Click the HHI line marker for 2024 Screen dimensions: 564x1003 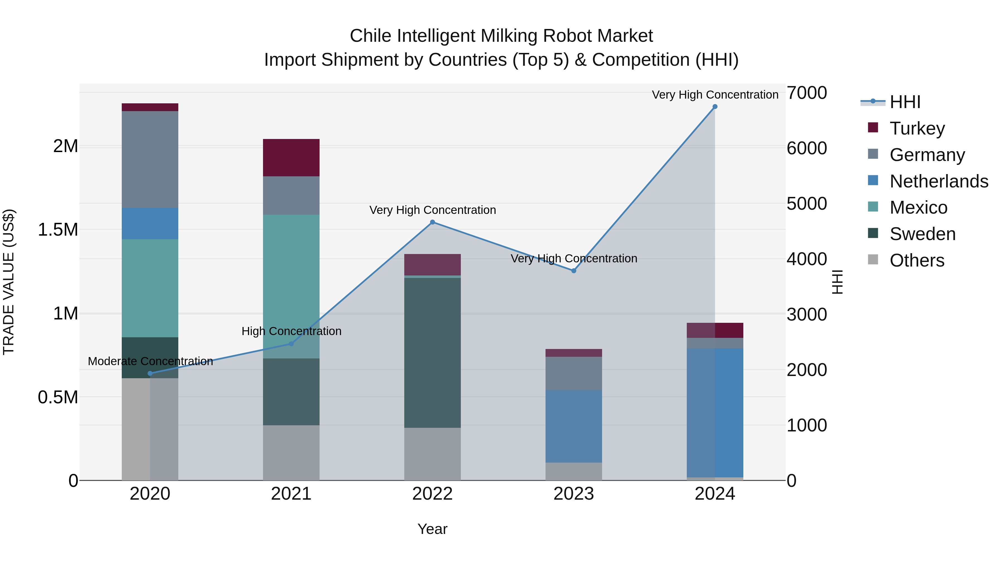pos(715,107)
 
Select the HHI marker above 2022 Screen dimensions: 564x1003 pos(432,222)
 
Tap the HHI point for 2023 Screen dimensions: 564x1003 pos(574,270)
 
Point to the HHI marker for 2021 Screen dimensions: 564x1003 pos(291,344)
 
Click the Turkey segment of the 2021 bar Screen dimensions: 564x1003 pos(291,158)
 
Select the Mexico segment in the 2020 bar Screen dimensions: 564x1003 pos(150,288)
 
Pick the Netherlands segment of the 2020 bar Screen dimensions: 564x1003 pos(150,223)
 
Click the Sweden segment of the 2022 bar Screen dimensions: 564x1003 pos(432,352)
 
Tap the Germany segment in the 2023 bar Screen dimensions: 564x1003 pos(574,373)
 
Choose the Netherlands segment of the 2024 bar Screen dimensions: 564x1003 pos(715,412)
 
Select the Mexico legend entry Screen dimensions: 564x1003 pos(918,207)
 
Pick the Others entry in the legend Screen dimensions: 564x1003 pos(917,260)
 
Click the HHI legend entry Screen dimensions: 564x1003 pos(905,102)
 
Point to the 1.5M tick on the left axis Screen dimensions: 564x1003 pos(58,230)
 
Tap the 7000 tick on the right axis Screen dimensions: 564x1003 pos(806,93)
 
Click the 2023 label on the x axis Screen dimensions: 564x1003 pos(574,494)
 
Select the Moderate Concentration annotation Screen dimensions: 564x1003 pos(150,361)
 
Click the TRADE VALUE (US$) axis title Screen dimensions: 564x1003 pos(9,282)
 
